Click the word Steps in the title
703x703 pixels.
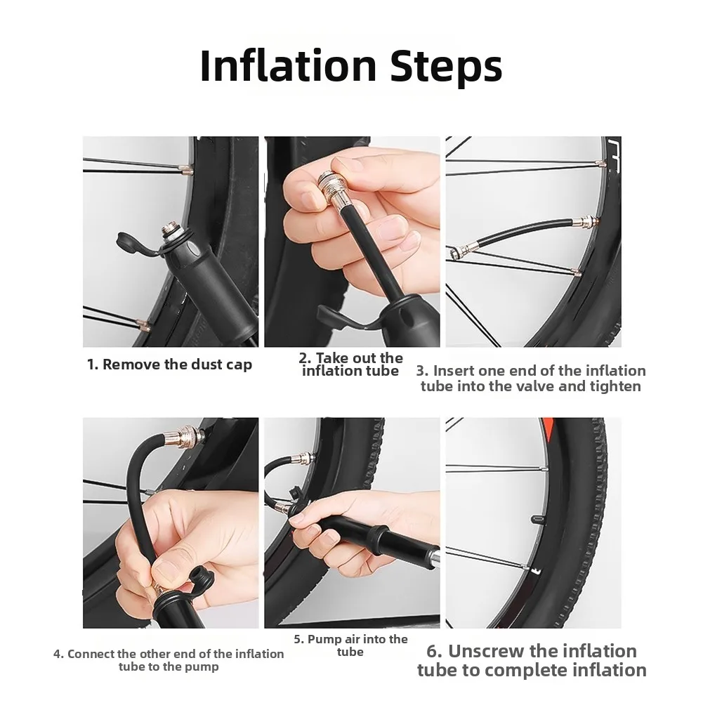coord(446,68)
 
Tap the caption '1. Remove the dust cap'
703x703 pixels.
coord(169,364)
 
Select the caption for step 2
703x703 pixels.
coord(350,364)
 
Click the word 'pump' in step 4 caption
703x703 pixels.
coord(202,667)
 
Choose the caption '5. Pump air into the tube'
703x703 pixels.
coord(350,645)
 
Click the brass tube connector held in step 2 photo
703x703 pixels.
coord(329,190)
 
